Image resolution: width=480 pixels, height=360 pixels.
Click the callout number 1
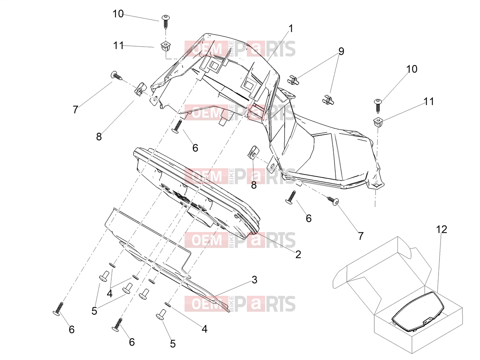click(290, 28)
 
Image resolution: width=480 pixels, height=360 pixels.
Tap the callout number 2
click(298, 254)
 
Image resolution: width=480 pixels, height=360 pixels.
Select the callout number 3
click(254, 280)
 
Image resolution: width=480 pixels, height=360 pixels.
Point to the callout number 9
click(341, 51)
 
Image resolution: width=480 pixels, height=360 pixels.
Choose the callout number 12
click(441, 229)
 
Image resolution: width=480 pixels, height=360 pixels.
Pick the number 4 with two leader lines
click(110, 293)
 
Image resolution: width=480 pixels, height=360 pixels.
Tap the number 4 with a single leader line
click(204, 329)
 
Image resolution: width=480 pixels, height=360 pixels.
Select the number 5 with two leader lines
click(94, 311)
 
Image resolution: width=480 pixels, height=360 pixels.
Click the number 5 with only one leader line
click(173, 344)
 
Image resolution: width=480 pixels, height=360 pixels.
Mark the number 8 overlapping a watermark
click(254, 185)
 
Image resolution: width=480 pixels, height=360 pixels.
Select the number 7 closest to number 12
click(361, 236)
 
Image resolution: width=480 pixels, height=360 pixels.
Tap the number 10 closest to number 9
click(412, 69)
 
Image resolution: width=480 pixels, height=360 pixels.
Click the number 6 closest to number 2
click(309, 218)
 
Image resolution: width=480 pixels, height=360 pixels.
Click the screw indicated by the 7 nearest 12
click(333, 201)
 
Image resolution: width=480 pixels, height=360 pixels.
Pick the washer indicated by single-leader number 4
click(168, 304)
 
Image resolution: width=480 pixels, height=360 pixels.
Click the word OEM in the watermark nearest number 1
click(207, 49)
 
